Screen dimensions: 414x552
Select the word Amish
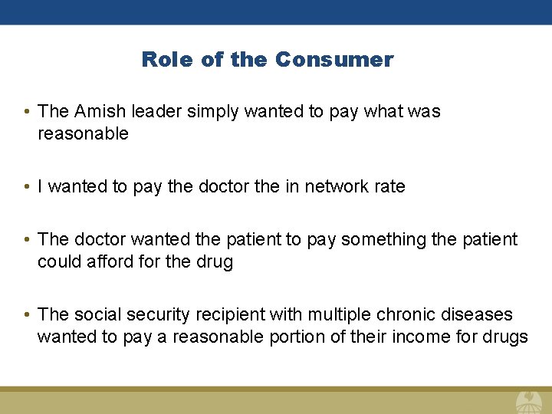(x=100, y=111)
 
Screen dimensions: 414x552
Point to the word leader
(x=153, y=111)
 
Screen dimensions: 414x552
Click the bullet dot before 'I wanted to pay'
(x=27, y=187)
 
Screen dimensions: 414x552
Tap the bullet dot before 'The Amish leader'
(x=27, y=112)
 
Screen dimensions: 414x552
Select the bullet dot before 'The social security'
(x=27, y=315)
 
